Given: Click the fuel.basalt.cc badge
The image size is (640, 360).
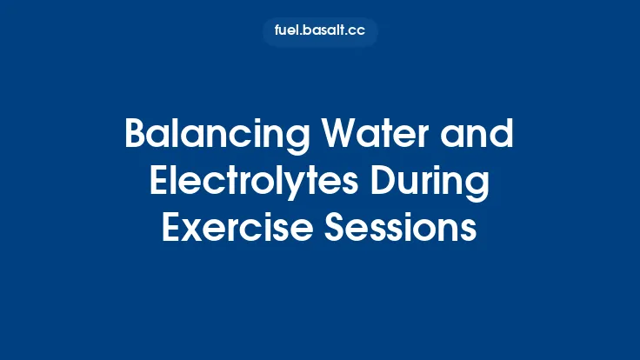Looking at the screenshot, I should (x=320, y=32).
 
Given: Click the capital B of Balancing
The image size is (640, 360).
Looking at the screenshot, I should (x=136, y=135).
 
